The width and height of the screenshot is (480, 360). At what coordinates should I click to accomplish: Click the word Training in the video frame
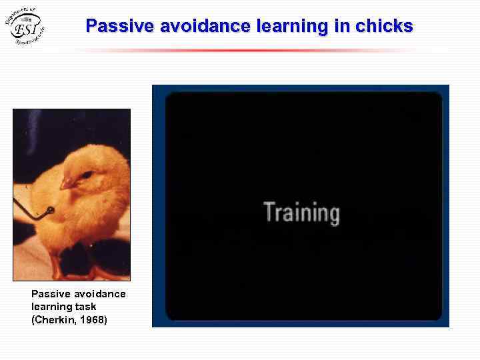[301, 212]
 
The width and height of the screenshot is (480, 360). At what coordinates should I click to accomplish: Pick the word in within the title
[341, 26]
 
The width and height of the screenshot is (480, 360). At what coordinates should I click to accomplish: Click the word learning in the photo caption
[51, 307]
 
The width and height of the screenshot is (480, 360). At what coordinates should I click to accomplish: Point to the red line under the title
[247, 50]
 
